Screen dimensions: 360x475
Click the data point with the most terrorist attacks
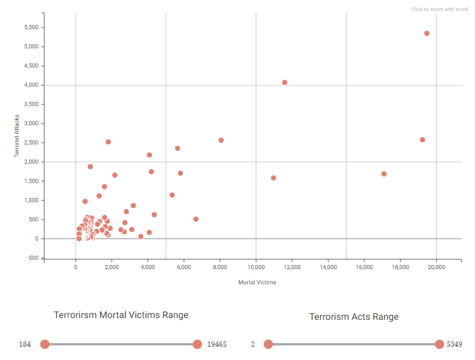[427, 33]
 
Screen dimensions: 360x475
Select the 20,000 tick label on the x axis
[437, 267]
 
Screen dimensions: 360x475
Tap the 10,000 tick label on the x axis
[256, 267]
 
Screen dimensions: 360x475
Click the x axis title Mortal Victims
[257, 283]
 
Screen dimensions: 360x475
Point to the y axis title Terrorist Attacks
[17, 136]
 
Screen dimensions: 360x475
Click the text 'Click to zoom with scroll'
[439, 9]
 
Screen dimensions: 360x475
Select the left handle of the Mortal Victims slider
[45, 344]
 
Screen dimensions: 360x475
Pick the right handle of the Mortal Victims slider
[197, 344]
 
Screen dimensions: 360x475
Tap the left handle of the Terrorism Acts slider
[268, 344]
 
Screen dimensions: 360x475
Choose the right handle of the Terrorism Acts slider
[439, 344]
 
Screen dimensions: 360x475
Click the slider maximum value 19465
[217, 344]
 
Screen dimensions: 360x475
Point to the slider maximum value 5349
[455, 344]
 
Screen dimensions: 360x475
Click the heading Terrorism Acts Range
[354, 317]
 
